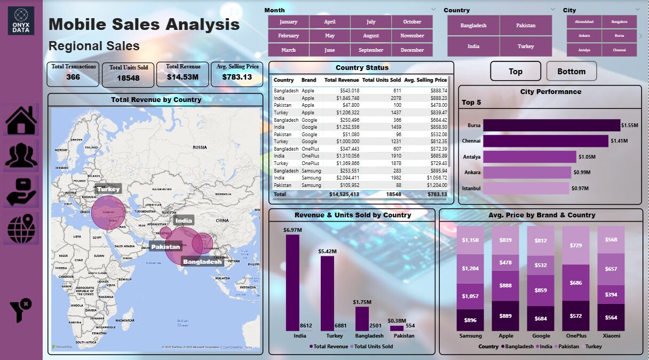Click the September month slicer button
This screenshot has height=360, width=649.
pos(371,50)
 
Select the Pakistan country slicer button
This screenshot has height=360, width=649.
pos(526,26)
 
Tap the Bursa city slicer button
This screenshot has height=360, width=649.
pos(619,36)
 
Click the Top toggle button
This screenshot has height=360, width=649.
pos(516,71)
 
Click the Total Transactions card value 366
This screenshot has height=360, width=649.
pos(73,77)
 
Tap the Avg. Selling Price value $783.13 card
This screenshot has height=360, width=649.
pos(237,77)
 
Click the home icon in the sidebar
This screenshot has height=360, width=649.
pos(21,120)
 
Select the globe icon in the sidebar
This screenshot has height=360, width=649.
pos(21,229)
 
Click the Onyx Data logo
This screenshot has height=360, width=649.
pos(21,21)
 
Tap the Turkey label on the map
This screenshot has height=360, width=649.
pos(108,189)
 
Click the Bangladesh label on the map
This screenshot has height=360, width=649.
pos(202,262)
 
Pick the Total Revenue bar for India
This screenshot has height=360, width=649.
pos(292,283)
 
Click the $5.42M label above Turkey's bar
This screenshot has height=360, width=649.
pos(327,251)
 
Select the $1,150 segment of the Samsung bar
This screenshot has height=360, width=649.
pos(470,240)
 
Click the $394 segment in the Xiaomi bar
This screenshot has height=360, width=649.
pos(611,294)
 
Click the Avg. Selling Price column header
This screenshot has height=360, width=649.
pos(425,80)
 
